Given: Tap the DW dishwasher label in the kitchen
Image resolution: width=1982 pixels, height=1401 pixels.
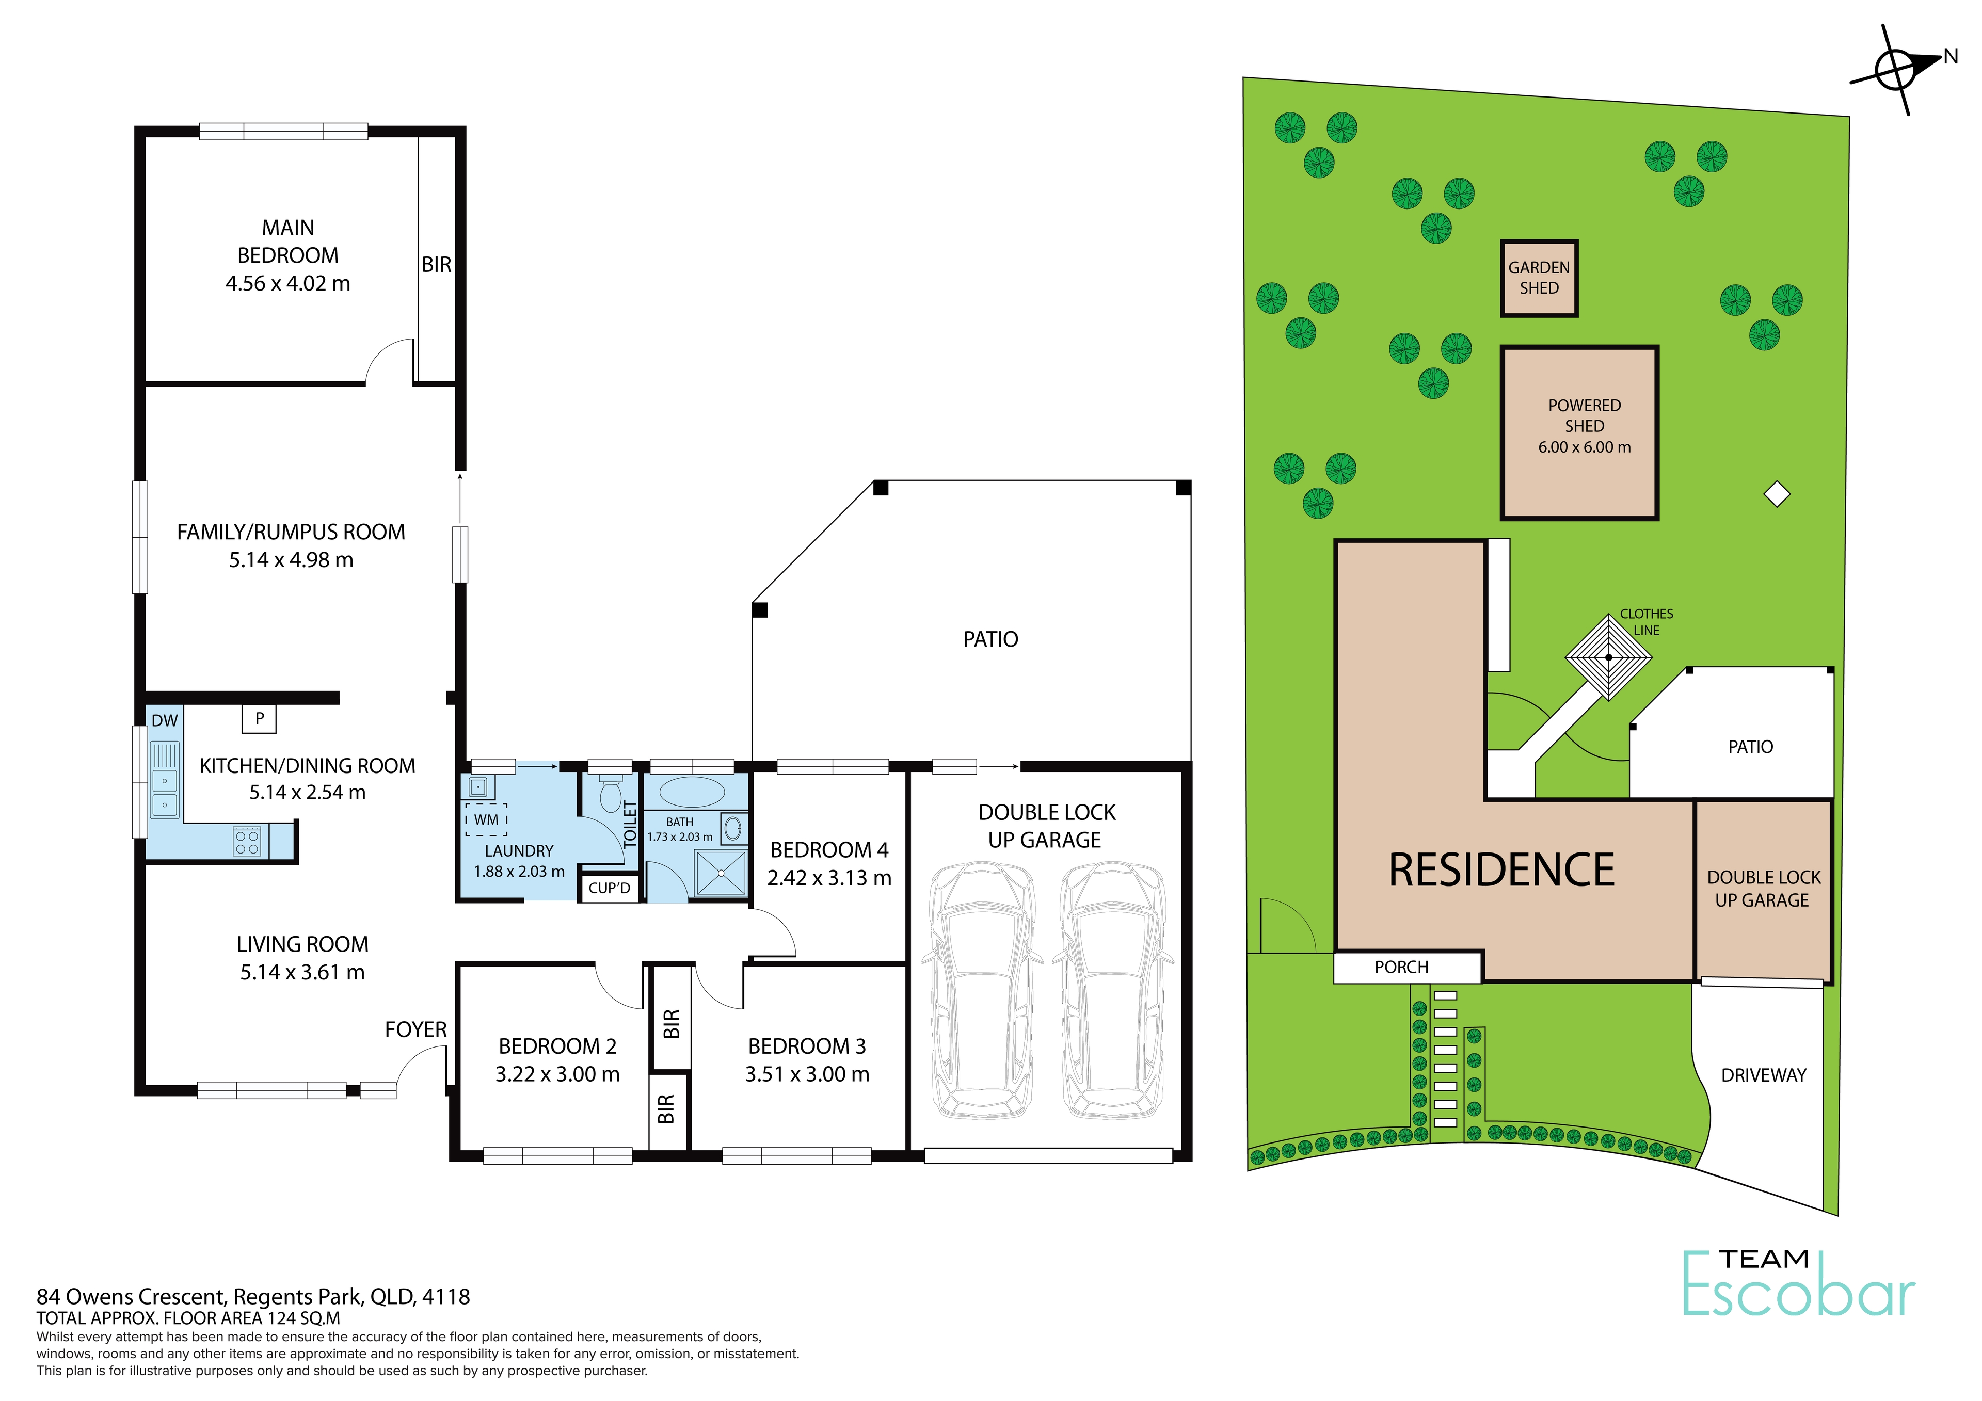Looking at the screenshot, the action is [x=164, y=721].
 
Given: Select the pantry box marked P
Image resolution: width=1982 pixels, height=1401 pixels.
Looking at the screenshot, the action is [x=259, y=718].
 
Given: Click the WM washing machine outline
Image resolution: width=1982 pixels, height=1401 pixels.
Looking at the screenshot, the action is [x=486, y=819].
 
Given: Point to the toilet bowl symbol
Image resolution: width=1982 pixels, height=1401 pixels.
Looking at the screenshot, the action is [x=610, y=794].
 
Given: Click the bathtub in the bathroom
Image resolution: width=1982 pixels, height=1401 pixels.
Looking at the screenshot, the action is [x=692, y=792].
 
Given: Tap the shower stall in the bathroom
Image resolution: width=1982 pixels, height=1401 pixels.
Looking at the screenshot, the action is [x=720, y=874].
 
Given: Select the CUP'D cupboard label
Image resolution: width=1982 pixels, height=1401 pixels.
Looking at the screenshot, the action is [x=610, y=888].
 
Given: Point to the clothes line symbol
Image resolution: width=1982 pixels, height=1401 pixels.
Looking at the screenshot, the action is [x=1608, y=657].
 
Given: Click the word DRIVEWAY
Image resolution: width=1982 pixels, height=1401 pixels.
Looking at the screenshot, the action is [x=1764, y=1075].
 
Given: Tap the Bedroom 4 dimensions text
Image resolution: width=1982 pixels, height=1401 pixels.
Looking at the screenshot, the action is [x=829, y=877].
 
